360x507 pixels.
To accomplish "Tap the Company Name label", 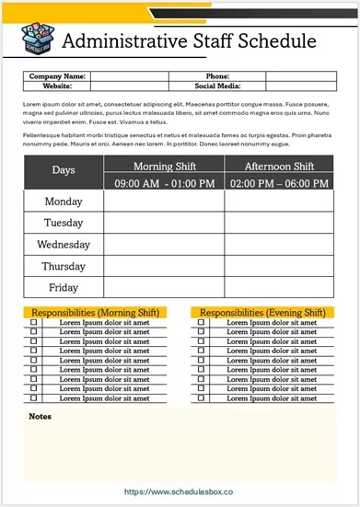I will (57, 76).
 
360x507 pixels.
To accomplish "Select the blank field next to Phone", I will (298, 76).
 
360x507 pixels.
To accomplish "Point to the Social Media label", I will (217, 86).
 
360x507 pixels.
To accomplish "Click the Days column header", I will (64, 170).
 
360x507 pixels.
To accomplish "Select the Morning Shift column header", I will (164, 166).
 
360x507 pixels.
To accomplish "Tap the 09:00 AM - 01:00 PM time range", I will (164, 183).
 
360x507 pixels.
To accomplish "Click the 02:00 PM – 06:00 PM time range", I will (279, 183).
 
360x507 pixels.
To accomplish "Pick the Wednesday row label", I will (64, 245).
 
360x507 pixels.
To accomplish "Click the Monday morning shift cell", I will (164, 202).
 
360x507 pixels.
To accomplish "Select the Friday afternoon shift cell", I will (279, 288).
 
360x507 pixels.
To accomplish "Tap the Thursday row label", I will (64, 267).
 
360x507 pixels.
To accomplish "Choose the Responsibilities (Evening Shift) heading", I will (262, 313).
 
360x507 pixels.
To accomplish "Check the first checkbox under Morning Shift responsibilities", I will (34, 323).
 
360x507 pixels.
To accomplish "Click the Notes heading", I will (40, 417).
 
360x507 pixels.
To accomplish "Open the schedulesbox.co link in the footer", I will (179, 492).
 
